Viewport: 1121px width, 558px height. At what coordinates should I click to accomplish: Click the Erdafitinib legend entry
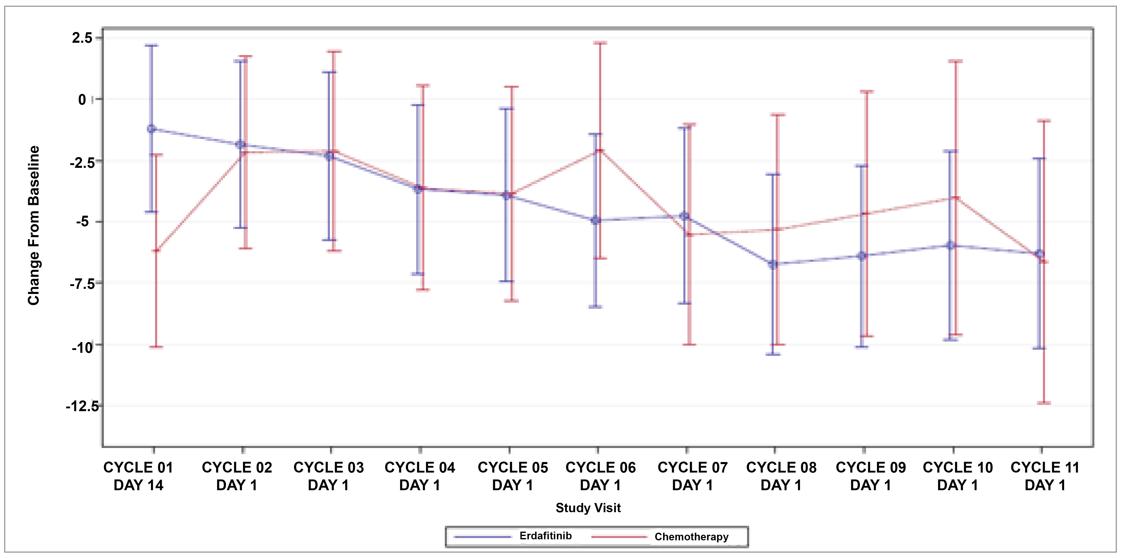[x=545, y=536]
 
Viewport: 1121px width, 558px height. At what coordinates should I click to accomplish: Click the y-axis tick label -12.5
[x=82, y=406]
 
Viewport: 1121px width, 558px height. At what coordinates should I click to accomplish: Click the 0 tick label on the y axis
[x=82, y=100]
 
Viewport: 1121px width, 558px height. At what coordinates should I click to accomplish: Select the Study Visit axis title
[x=588, y=508]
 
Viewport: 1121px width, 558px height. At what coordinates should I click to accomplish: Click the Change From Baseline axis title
[x=34, y=225]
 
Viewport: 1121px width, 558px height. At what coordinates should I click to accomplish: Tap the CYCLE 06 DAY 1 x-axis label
[x=600, y=476]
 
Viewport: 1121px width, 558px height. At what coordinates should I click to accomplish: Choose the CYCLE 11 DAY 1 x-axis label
[x=1045, y=476]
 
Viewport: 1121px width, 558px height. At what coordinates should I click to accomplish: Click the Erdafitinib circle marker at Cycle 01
[x=152, y=129]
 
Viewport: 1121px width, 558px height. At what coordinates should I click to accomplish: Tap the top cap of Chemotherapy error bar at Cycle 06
[x=600, y=43]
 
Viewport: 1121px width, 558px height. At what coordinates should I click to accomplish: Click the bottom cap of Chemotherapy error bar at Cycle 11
[x=1043, y=403]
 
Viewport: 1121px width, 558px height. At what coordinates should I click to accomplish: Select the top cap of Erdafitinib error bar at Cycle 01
[x=152, y=45]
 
